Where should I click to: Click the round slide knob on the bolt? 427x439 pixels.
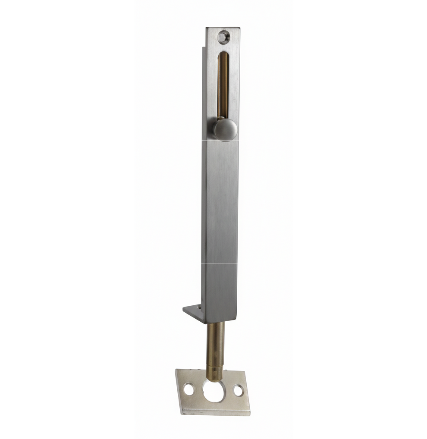[x=225, y=129]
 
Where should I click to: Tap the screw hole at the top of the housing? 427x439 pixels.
[x=223, y=37]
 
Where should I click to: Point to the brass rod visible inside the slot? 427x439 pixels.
[x=223, y=86]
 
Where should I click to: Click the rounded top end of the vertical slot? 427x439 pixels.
[x=223, y=55]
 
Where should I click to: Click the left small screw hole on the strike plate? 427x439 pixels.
[x=188, y=389]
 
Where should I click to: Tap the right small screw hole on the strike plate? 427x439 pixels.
[x=238, y=390]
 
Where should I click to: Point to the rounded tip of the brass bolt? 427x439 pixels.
[x=214, y=378]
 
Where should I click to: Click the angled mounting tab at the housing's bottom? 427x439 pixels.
[x=193, y=312]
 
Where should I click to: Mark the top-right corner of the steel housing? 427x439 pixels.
[x=239, y=28]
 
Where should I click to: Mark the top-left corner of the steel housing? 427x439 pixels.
[x=206, y=28]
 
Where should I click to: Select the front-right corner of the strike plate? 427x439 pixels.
[x=250, y=415]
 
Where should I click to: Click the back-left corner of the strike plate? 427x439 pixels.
[x=176, y=370]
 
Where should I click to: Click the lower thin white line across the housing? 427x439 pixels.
[x=220, y=263]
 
